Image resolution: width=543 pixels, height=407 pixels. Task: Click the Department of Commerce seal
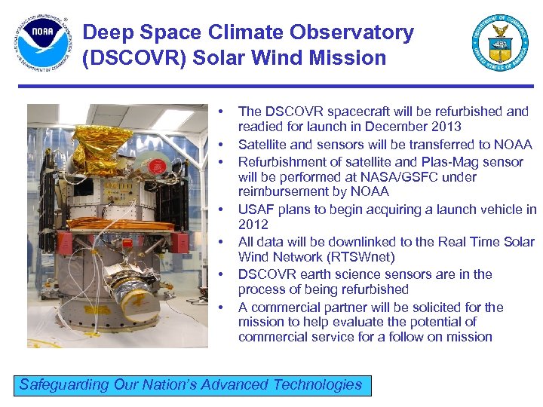click(x=500, y=42)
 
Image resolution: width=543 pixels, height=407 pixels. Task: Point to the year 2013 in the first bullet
click(x=445, y=127)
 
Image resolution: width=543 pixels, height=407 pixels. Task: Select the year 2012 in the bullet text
click(x=253, y=225)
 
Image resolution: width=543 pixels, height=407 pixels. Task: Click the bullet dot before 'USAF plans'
click(x=222, y=210)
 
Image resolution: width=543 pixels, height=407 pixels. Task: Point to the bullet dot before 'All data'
click(x=222, y=242)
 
